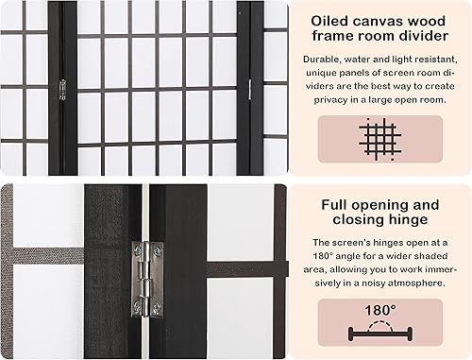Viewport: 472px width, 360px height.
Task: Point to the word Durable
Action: [x=325, y=59]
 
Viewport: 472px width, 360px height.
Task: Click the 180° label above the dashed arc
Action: [x=379, y=309]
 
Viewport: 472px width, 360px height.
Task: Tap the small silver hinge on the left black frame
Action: [x=62, y=90]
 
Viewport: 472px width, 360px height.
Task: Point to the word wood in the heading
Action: [x=430, y=18]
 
